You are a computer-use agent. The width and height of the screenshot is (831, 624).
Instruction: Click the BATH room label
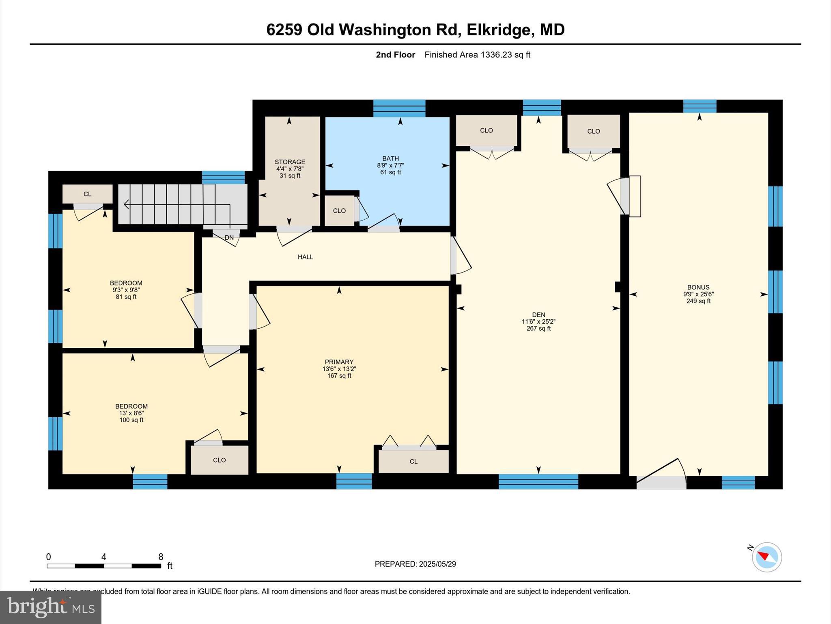click(x=390, y=158)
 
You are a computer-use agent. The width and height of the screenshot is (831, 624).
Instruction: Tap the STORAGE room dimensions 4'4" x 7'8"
click(x=290, y=169)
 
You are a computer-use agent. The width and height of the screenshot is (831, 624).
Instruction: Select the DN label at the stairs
click(x=229, y=238)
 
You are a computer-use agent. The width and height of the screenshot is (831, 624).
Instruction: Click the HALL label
click(x=305, y=257)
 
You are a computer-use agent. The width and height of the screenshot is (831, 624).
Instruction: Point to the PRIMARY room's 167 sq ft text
click(x=339, y=376)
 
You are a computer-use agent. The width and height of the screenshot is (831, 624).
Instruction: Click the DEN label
click(x=538, y=314)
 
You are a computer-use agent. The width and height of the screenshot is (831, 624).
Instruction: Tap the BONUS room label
click(x=698, y=287)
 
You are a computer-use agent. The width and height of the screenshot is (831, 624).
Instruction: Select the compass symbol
click(x=766, y=557)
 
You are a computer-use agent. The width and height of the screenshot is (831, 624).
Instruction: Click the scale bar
click(x=104, y=565)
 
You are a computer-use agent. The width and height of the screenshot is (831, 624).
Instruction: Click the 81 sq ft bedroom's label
click(x=126, y=283)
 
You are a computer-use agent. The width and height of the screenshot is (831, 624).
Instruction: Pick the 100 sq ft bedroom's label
click(x=131, y=406)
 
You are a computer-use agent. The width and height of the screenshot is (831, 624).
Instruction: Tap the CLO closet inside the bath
click(x=339, y=211)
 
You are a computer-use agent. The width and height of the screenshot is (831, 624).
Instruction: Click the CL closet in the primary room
click(x=413, y=461)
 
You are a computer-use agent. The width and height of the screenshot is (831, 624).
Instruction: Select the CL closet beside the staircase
click(x=87, y=194)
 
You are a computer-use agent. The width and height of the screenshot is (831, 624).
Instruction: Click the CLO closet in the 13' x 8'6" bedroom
click(x=219, y=460)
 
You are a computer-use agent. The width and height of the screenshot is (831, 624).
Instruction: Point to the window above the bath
click(x=399, y=108)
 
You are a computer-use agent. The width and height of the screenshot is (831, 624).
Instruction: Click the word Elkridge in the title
click(x=498, y=30)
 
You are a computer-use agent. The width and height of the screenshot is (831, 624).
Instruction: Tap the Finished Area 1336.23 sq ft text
click(x=477, y=54)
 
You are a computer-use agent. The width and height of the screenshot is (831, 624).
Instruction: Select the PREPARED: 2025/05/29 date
click(x=415, y=564)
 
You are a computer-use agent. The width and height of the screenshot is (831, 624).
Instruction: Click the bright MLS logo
click(x=51, y=607)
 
